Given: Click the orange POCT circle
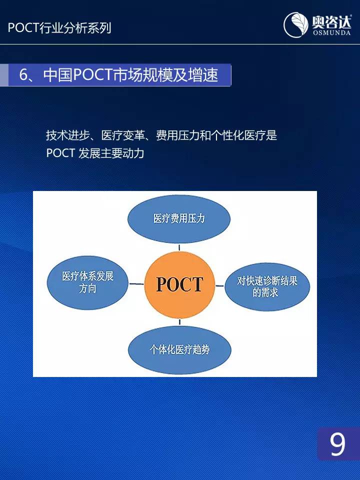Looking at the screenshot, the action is point(179,284).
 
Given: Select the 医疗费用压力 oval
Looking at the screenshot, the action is point(179,218).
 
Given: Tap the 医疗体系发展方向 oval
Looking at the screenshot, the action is point(87,282).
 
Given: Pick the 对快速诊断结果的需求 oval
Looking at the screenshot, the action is point(267,286).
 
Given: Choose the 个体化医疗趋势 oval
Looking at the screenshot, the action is point(179,350).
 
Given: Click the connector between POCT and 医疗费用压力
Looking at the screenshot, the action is point(179,247).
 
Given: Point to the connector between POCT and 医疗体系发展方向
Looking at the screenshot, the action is point(136,284).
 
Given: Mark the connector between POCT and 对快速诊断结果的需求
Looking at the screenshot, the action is point(219,286).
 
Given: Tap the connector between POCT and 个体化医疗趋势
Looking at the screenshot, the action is point(179,322).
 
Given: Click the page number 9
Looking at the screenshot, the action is point(337,444).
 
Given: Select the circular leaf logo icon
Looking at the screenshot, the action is point(295,25).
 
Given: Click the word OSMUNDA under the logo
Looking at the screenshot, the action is point(331,32).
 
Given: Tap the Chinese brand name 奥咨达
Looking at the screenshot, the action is point(331,21).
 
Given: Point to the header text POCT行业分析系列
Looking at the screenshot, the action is point(59,28).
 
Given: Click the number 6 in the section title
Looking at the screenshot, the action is point(23,74).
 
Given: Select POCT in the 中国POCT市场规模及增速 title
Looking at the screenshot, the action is point(92,74).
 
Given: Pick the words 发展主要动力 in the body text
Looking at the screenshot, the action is point(111,153).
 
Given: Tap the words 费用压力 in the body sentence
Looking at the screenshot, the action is point(177,135).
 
